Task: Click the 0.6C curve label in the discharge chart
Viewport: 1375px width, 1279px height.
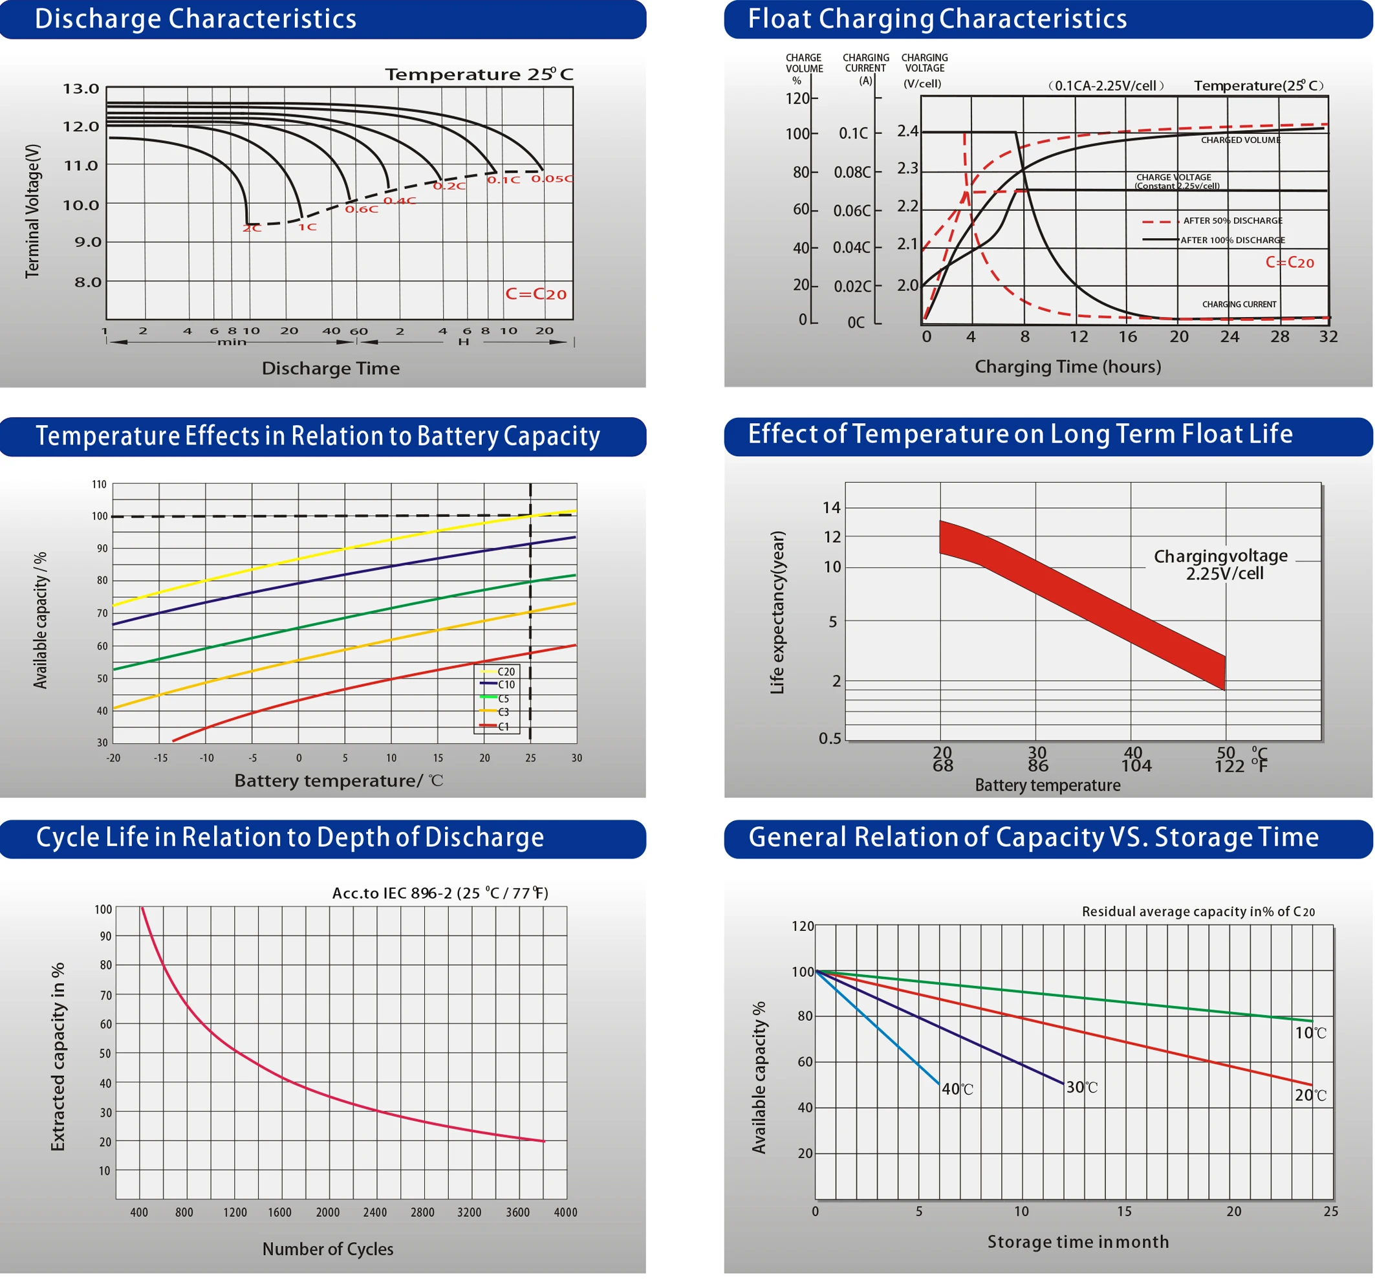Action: tap(362, 209)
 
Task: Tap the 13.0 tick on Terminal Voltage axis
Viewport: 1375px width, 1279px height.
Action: tap(81, 89)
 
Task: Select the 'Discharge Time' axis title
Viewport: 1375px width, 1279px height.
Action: tap(330, 368)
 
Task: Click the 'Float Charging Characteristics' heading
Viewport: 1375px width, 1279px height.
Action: tap(937, 19)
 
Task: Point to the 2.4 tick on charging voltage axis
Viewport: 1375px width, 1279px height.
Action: tap(907, 131)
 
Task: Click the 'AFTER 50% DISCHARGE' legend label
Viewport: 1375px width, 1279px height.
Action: tap(1232, 221)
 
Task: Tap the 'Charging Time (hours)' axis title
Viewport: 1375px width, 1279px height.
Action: tap(1067, 366)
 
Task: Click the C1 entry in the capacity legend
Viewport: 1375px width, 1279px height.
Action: tap(504, 727)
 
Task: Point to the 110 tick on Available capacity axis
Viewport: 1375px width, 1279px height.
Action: tap(100, 484)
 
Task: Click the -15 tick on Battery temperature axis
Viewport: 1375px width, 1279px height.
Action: tap(160, 758)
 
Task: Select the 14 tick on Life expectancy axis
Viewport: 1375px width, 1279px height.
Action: tap(831, 508)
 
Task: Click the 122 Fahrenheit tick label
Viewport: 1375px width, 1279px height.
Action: tap(1229, 766)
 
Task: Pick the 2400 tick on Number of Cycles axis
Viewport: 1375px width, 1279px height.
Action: tap(375, 1212)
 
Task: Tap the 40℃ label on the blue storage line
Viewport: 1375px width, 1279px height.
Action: tap(957, 1089)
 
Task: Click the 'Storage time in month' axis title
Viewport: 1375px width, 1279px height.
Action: tap(1077, 1241)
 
